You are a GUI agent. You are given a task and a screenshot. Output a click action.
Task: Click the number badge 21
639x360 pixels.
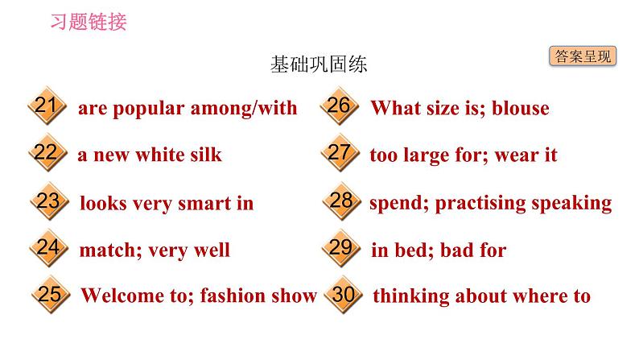click(46, 107)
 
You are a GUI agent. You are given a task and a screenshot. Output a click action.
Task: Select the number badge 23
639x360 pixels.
click(47, 201)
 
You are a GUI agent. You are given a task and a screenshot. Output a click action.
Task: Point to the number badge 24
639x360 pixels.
click(47, 248)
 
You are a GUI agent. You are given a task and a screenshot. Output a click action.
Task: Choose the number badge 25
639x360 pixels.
click(49, 295)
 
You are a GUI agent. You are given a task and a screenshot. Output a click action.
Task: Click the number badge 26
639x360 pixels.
click(340, 106)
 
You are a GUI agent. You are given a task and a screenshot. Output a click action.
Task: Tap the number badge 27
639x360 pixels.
click(340, 153)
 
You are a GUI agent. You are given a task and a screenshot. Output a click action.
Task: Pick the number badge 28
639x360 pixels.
click(341, 201)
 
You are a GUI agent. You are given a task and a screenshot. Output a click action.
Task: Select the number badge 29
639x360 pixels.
click(341, 248)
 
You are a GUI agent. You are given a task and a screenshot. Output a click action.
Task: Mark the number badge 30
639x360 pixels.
click(343, 295)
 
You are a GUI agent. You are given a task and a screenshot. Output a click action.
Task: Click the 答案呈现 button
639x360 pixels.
click(583, 56)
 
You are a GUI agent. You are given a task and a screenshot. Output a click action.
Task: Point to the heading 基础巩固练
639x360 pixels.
click(319, 65)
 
